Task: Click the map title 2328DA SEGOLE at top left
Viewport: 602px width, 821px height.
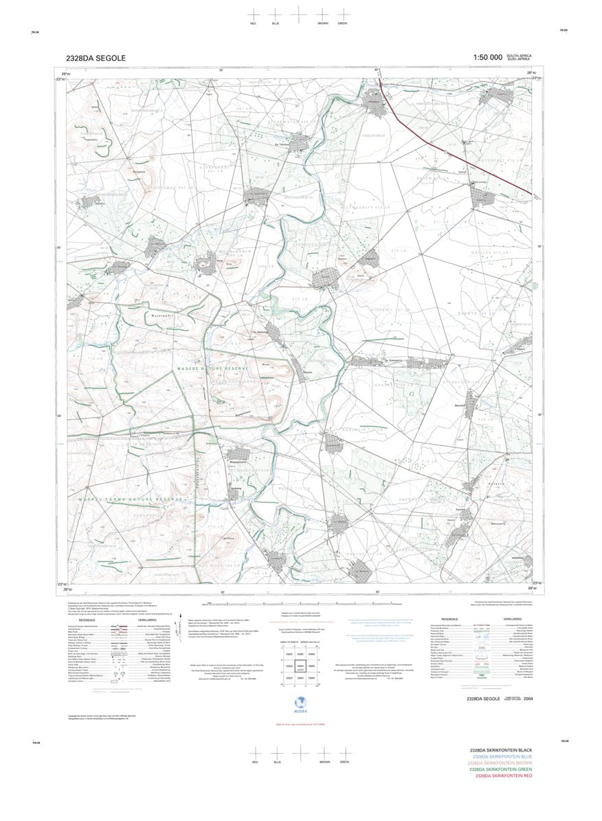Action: click(x=96, y=58)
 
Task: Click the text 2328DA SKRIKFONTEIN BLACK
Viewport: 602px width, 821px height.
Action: click(x=500, y=750)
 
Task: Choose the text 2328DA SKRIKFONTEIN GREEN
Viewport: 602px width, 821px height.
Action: click(x=500, y=769)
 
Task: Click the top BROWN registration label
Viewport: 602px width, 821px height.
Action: click(x=322, y=23)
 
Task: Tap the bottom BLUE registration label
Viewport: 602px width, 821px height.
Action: click(x=277, y=763)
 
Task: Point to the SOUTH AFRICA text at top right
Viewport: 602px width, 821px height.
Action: click(x=519, y=55)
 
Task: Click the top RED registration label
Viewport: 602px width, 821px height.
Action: click(x=253, y=23)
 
